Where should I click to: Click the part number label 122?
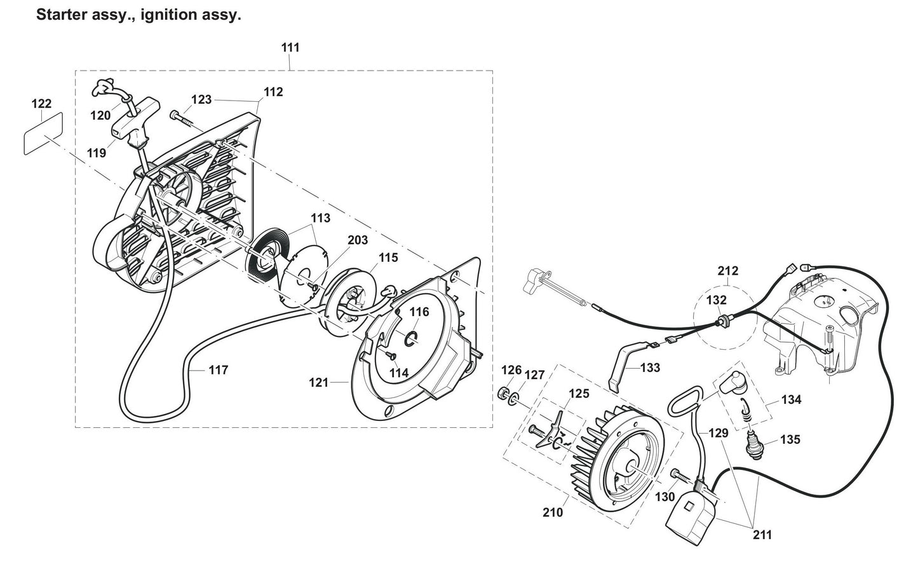pos(41,104)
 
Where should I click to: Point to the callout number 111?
pos(290,48)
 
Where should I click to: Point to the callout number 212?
pos(728,271)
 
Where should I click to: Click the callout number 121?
pos(318,382)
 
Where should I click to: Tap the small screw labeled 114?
pos(389,355)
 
